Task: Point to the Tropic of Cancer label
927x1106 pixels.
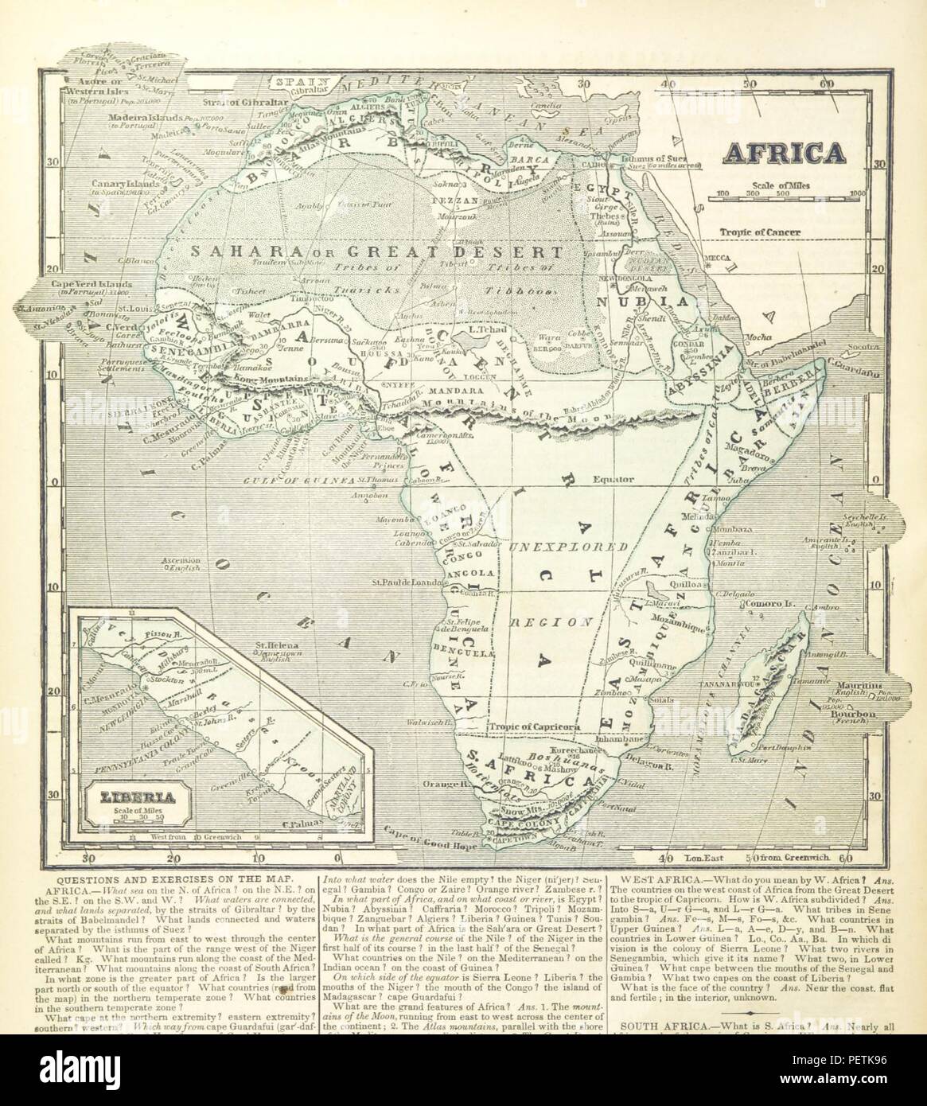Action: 760,233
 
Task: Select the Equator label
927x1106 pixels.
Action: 613,480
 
